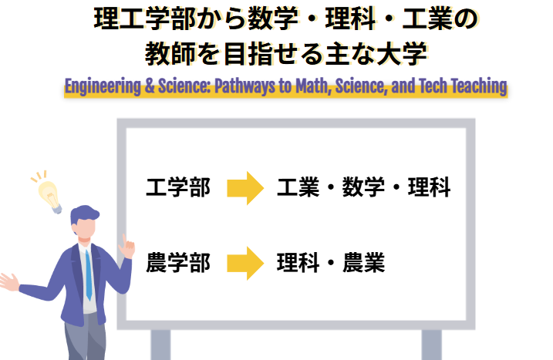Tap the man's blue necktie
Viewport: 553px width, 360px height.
point(89,274)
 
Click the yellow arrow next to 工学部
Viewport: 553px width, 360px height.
point(245,188)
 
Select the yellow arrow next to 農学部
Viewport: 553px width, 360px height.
point(245,264)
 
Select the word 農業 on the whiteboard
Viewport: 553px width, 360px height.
point(364,264)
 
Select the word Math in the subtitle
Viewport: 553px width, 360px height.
point(312,86)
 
